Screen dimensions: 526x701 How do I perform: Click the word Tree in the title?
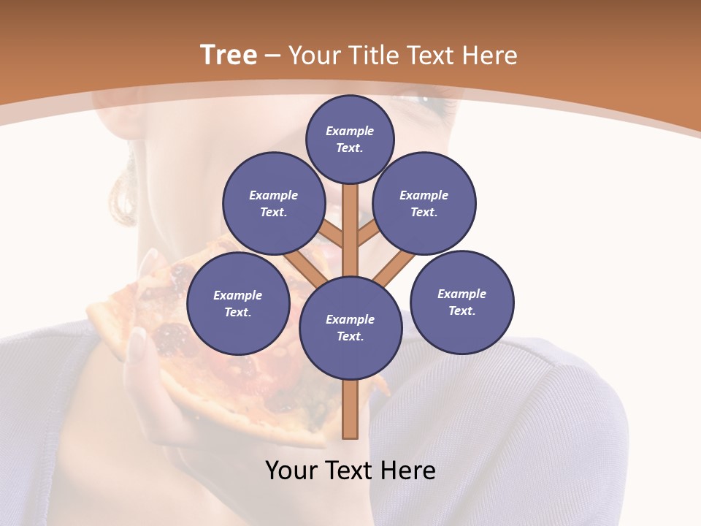point(229,55)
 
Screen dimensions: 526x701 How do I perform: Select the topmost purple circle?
point(350,139)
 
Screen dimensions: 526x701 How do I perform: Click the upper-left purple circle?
point(273,203)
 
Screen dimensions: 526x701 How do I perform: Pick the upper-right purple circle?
point(424,203)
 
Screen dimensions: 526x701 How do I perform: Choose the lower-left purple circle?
point(238,303)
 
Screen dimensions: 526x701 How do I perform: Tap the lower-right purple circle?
point(462,302)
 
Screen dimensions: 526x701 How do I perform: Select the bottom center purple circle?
point(350,328)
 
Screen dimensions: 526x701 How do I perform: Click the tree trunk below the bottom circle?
point(350,409)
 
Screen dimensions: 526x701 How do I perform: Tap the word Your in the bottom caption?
point(291,470)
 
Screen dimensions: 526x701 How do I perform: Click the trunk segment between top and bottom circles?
point(350,234)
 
